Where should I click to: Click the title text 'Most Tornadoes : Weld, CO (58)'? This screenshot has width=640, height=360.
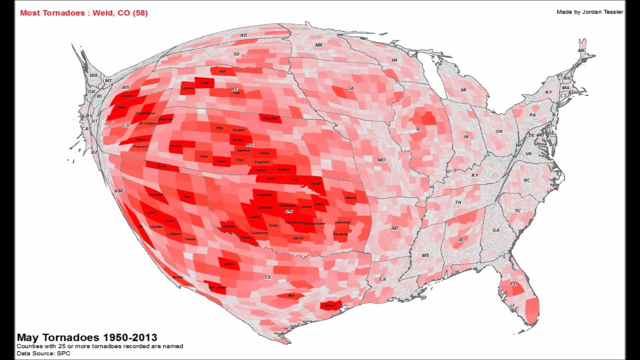(x=84, y=13)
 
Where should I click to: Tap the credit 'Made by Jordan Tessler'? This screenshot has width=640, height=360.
(x=589, y=12)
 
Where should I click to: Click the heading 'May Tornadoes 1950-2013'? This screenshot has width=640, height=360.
(x=87, y=337)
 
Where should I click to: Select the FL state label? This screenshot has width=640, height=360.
(x=513, y=284)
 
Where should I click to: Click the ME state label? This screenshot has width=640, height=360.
(x=581, y=50)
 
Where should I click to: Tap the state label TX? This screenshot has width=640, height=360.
(x=268, y=277)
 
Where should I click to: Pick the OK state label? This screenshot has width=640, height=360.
(x=288, y=211)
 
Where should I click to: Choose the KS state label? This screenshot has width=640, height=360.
(x=249, y=144)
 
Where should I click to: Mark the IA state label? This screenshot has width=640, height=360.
(x=351, y=88)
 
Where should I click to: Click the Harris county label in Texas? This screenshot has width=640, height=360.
(x=328, y=305)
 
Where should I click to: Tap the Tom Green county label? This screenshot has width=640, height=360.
(x=217, y=287)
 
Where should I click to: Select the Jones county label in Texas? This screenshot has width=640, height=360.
(x=229, y=264)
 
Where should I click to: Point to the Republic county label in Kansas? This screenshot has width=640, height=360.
(x=270, y=118)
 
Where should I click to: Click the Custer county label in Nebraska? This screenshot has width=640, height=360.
(x=204, y=82)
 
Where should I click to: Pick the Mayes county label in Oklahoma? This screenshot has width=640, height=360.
(x=351, y=198)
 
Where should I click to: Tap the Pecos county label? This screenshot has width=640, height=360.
(x=177, y=277)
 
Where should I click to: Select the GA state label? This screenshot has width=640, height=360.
(x=495, y=230)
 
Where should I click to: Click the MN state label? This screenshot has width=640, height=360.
(x=319, y=45)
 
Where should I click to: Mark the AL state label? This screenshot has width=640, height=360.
(x=461, y=239)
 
